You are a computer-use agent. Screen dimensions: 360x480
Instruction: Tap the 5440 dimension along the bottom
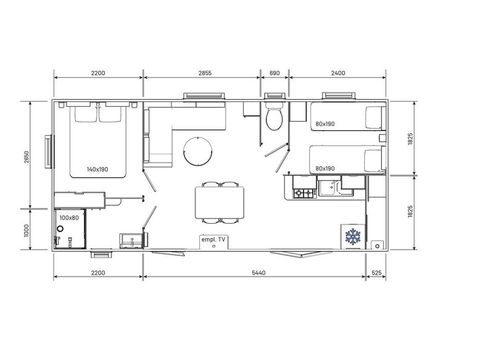261,272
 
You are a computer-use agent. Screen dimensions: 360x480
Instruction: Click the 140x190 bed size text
99,168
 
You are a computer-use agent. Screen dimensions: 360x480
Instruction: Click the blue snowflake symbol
352,237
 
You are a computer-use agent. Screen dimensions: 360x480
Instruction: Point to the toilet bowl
275,120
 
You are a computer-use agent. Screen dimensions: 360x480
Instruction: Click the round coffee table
197,151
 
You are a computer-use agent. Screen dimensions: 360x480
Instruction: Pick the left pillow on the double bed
84,114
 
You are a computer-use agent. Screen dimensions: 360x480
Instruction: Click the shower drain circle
61,229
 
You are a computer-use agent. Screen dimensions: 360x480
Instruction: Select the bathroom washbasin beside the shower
128,239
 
